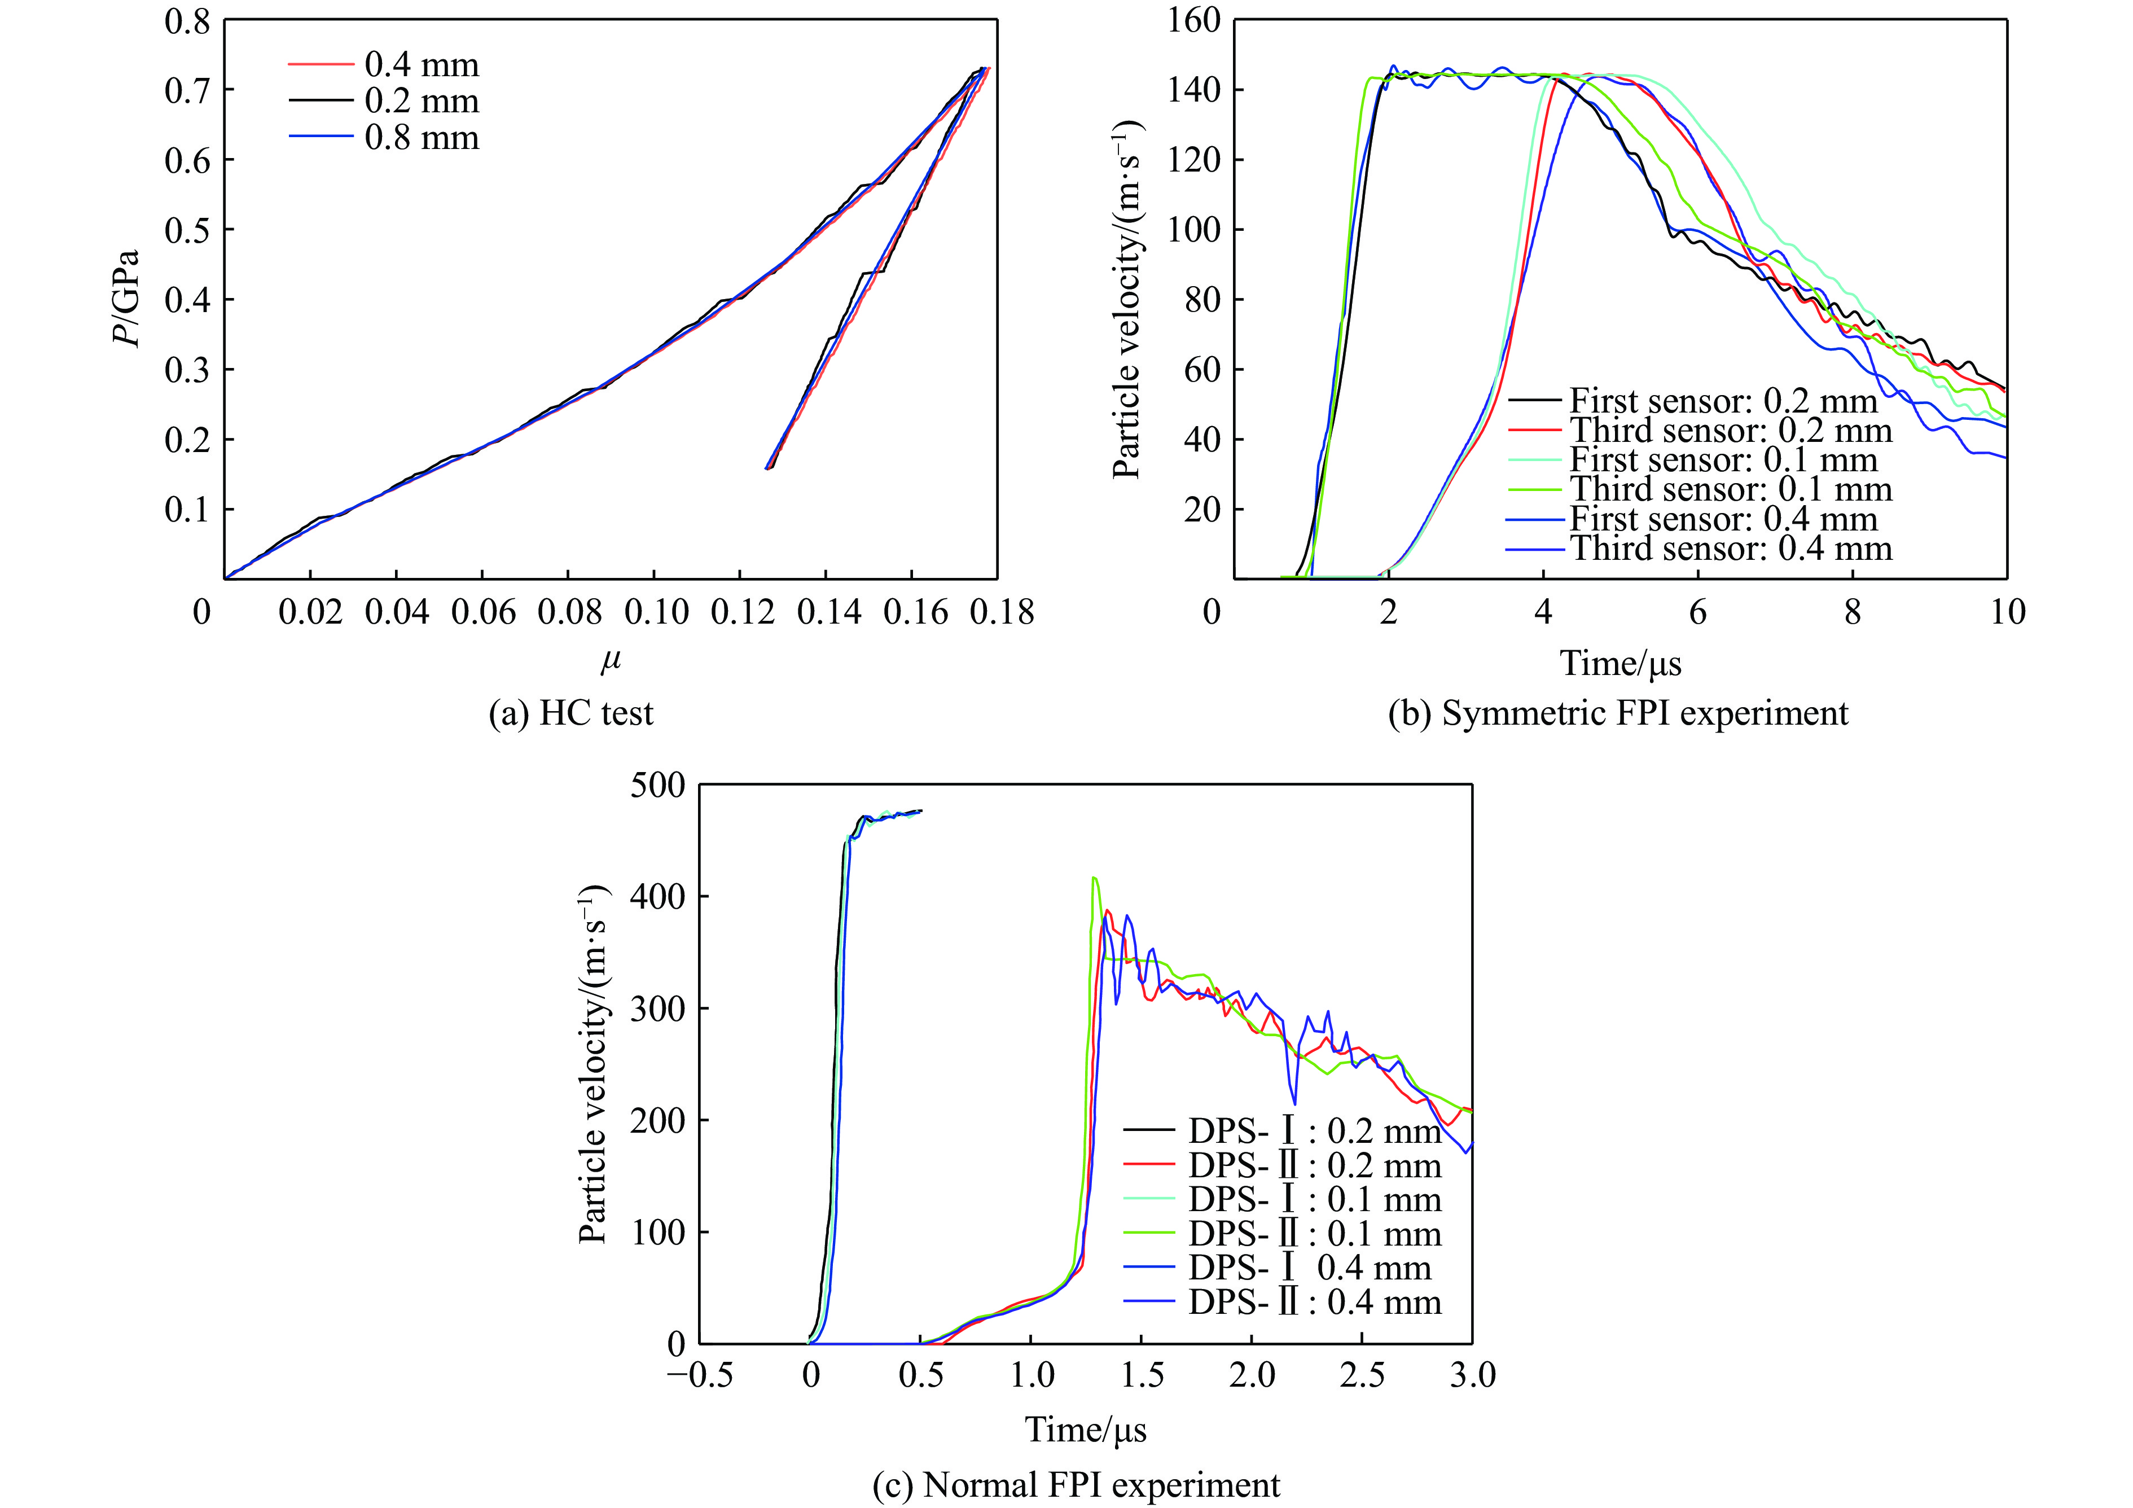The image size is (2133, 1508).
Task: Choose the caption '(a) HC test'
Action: [x=571, y=713]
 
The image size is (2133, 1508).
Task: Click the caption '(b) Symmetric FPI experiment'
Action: [x=1617, y=713]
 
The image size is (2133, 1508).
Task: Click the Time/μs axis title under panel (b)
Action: [x=1620, y=663]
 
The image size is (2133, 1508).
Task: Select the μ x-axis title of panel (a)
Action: [x=611, y=661]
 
